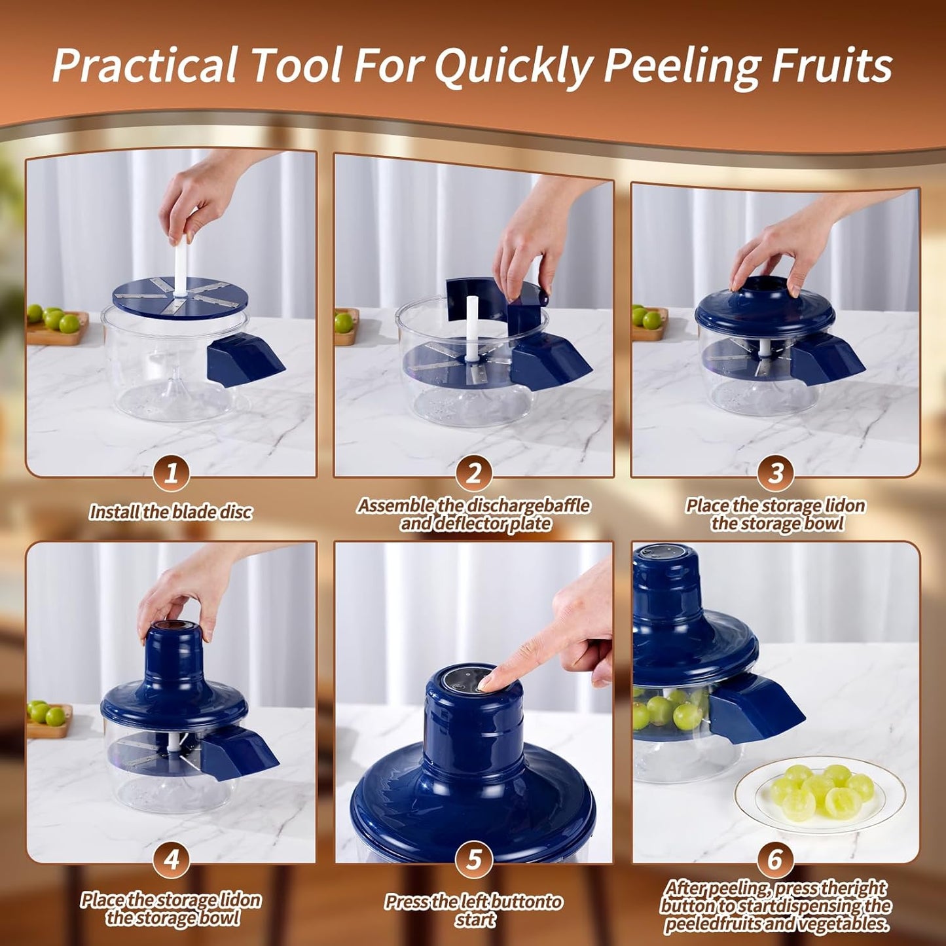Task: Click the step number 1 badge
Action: pos(172,473)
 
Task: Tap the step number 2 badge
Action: pos(473,473)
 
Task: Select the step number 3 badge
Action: pos(776,473)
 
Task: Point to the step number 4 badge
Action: pos(172,860)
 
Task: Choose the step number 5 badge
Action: pos(473,860)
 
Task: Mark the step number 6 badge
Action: pos(776,860)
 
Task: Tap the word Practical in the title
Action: pos(144,65)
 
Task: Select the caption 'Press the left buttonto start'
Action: pos(473,911)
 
